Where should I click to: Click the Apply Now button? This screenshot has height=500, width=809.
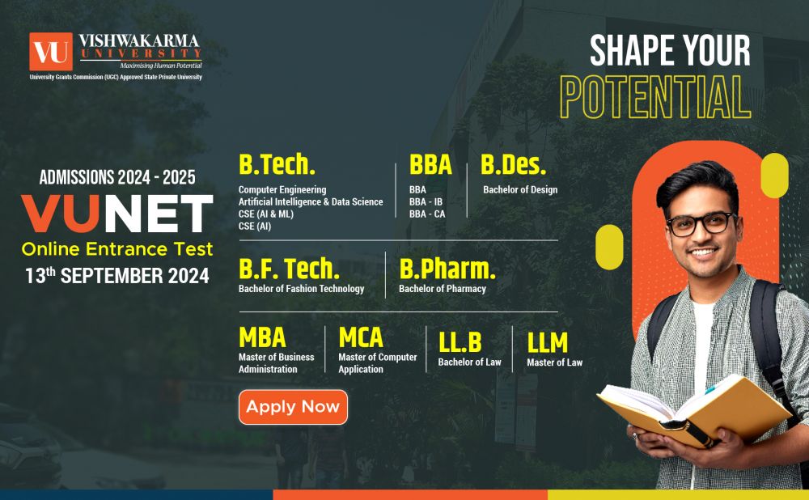pyautogui.click(x=293, y=407)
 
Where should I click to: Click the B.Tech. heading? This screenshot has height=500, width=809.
pyautogui.click(x=277, y=164)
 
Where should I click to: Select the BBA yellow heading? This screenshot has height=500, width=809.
pyautogui.click(x=430, y=164)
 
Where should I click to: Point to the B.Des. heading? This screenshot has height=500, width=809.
pyautogui.click(x=514, y=164)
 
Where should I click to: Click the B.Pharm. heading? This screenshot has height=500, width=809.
pyautogui.click(x=447, y=269)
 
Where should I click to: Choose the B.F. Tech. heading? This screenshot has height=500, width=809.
pyautogui.click(x=289, y=269)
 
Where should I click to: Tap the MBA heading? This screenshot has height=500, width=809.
pyautogui.click(x=262, y=337)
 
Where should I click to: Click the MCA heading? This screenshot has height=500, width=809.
pyautogui.click(x=361, y=337)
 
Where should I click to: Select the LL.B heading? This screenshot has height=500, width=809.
pyautogui.click(x=460, y=342)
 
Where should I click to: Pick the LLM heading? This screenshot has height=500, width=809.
pyautogui.click(x=548, y=342)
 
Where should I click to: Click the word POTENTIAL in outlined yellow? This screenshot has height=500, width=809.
pyautogui.click(x=656, y=98)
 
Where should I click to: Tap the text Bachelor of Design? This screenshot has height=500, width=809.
pyautogui.click(x=520, y=190)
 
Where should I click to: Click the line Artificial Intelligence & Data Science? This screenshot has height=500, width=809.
pyautogui.click(x=311, y=201)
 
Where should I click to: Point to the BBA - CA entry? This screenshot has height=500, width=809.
pyautogui.click(x=427, y=214)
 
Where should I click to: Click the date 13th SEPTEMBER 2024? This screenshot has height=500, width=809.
pyautogui.click(x=116, y=275)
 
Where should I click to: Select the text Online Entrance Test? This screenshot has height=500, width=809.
pyautogui.click(x=117, y=248)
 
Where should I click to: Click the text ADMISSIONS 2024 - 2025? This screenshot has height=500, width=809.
pyautogui.click(x=117, y=176)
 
